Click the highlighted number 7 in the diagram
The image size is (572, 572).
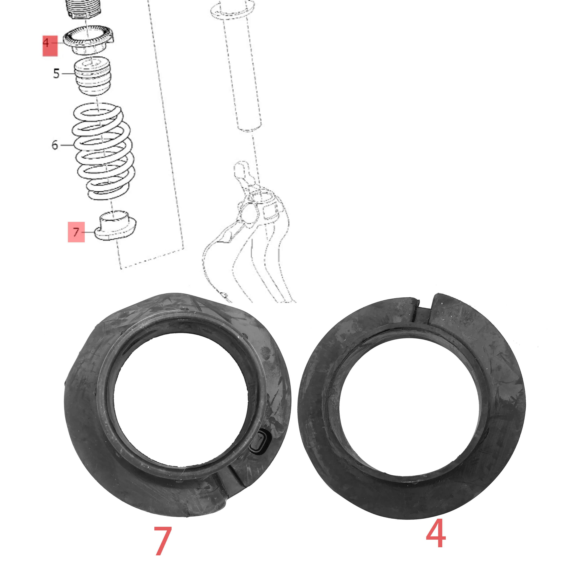pyautogui.click(x=76, y=232)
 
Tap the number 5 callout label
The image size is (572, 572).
pyautogui.click(x=56, y=73)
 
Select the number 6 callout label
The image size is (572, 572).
pyautogui.click(x=55, y=145)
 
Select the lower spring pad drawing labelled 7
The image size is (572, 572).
pyautogui.click(x=115, y=226)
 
